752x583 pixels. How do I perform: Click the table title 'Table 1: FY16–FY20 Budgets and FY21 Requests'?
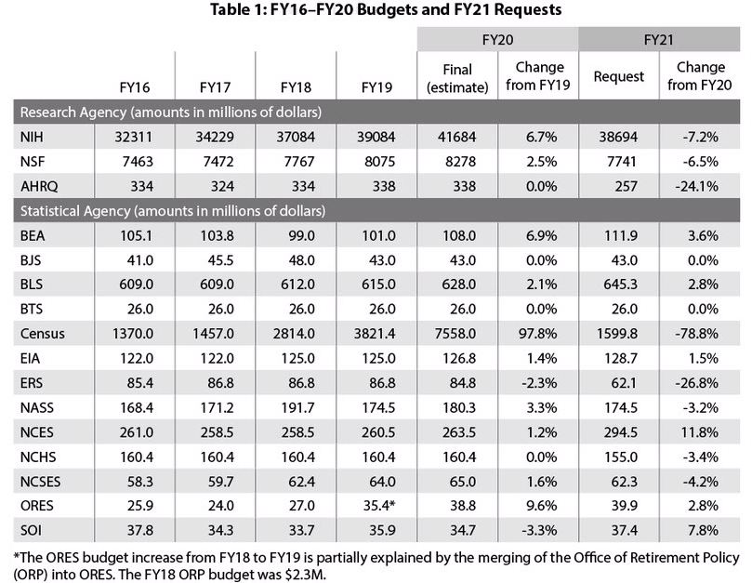376,12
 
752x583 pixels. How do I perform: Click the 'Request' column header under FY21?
619,77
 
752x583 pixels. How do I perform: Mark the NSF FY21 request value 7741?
620,162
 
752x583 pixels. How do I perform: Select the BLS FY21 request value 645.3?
619,285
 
